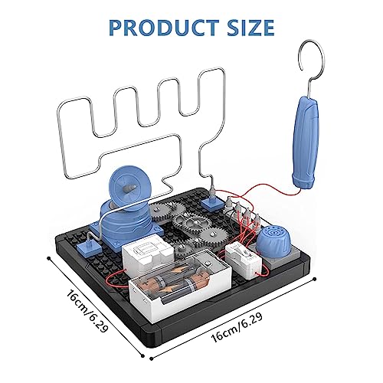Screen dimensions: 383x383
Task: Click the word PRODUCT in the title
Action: pos(164,27)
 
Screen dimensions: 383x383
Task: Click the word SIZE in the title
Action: pos(251,27)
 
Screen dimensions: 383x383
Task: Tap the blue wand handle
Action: pos(306,142)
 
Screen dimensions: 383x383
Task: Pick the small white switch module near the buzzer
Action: pos(244,260)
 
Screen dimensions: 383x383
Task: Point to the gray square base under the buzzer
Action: pos(273,257)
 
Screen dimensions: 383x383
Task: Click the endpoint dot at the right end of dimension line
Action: pos(315,279)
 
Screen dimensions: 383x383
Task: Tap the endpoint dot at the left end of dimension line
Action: pos(48,258)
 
